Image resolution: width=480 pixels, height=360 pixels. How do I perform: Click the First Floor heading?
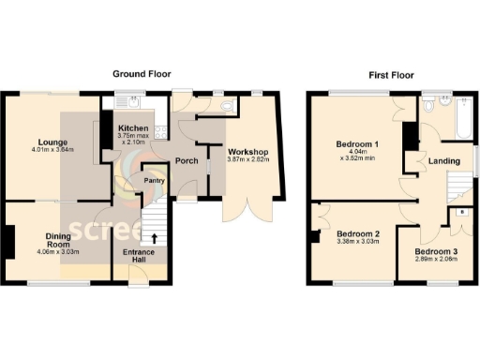pos(391,73)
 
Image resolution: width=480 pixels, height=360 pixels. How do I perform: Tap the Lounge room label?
pos(34,142)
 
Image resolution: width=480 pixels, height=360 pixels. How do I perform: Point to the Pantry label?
pos(153,180)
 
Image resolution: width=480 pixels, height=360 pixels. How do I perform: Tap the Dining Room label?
pos(34,238)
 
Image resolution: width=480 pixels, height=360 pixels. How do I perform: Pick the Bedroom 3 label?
pos(437,252)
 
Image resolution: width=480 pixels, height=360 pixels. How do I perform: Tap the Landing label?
pos(443,161)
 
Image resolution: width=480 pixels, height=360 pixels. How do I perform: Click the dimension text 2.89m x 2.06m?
pos(437,261)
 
